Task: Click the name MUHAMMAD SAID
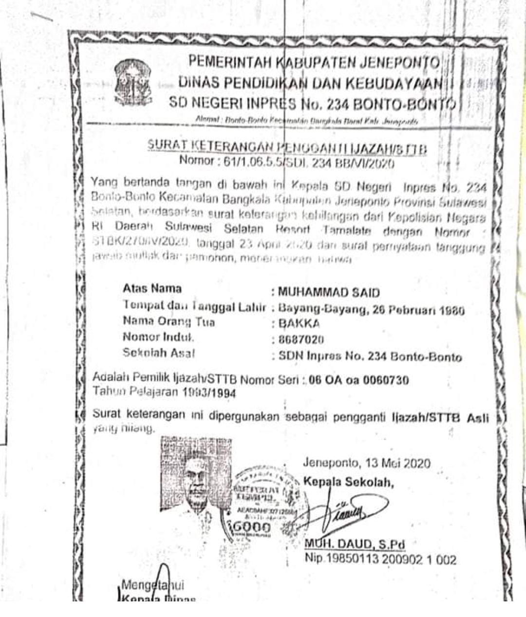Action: coord(328,293)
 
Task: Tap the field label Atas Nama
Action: coord(152,289)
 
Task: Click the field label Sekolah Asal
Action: coord(159,353)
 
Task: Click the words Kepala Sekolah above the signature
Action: coord(348,482)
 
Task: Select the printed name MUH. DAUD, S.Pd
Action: coord(355,544)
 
